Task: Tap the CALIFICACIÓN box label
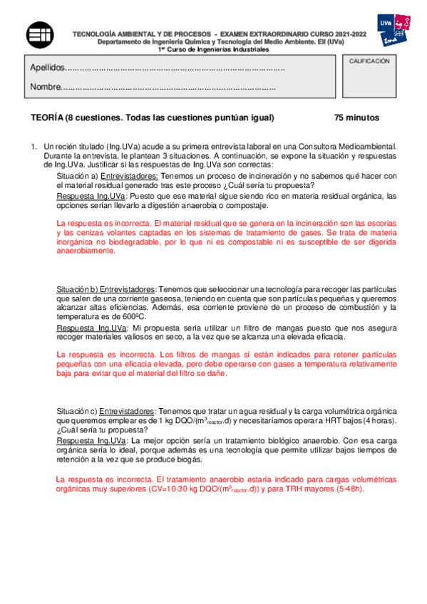click(369, 62)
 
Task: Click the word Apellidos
click(47, 68)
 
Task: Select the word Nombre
click(44, 88)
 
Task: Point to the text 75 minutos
click(356, 118)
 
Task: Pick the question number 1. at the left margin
click(33, 145)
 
